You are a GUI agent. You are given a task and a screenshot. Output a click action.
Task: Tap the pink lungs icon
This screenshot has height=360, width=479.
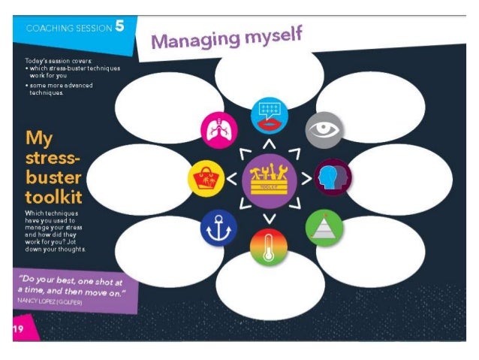[218, 130]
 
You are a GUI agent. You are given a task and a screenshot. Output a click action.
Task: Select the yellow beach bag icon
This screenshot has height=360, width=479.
[206, 179]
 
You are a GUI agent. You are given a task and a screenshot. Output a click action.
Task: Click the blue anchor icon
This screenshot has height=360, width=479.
[218, 228]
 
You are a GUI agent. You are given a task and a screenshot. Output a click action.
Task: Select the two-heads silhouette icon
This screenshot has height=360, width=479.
[332, 177]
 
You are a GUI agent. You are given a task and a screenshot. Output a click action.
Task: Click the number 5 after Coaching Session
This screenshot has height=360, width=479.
[119, 28]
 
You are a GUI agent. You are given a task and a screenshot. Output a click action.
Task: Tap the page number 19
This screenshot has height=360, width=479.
[18, 328]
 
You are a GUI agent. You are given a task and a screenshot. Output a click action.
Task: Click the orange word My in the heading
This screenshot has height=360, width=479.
[38, 138]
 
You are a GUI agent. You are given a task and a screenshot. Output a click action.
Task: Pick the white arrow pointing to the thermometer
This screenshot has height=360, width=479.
[268, 219]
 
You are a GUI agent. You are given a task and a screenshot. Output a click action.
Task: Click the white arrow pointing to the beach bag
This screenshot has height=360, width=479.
[231, 179]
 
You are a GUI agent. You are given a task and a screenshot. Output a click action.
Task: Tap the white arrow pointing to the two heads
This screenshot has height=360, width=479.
[306, 179]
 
